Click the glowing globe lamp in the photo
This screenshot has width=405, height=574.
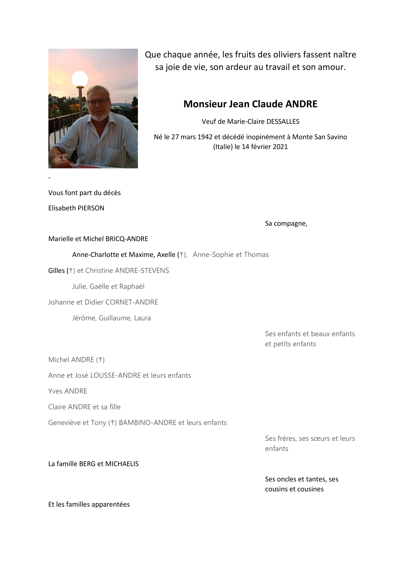pyautogui.click(x=80, y=79)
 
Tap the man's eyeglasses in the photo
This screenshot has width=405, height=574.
pyautogui.click(x=98, y=103)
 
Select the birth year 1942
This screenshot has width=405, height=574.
pyautogui.click(x=205, y=137)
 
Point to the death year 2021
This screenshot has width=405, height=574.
pyautogui.click(x=280, y=147)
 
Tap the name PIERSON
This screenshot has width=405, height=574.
pyautogui.click(x=91, y=208)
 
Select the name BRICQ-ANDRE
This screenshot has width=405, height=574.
pyautogui.click(x=127, y=239)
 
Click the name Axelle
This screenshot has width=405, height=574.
pyautogui.click(x=166, y=255)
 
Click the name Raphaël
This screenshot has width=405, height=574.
pyautogui.click(x=132, y=287)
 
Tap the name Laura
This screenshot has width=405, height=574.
pyautogui.click(x=142, y=318)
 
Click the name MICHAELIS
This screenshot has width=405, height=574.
pyautogui.click(x=122, y=464)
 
